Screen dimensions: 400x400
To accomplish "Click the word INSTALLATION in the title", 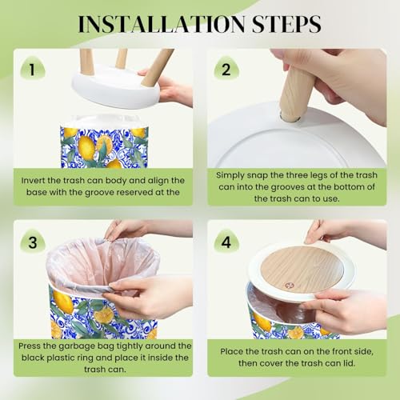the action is tap(162, 24).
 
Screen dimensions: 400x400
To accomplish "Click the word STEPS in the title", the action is tap(286, 24).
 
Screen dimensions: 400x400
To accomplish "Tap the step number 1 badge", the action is tap(33, 69).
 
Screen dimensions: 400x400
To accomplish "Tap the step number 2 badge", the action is tap(226, 69).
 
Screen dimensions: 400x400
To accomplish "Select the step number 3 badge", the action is tap(33, 242).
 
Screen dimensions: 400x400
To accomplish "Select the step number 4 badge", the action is tap(226, 242).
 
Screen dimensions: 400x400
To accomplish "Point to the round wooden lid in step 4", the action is tap(302, 269).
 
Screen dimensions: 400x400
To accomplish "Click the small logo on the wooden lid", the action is tap(288, 286).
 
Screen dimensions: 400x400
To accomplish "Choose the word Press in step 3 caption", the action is tap(29, 346).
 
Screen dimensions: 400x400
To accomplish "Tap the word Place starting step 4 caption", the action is tap(231, 351).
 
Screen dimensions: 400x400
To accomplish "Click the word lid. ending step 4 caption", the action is tap(348, 363).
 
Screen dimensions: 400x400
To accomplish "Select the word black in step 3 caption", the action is tap(33, 358).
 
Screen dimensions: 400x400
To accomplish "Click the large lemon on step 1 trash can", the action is tap(86, 148).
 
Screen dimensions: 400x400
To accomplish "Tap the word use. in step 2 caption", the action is tap(330, 198).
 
